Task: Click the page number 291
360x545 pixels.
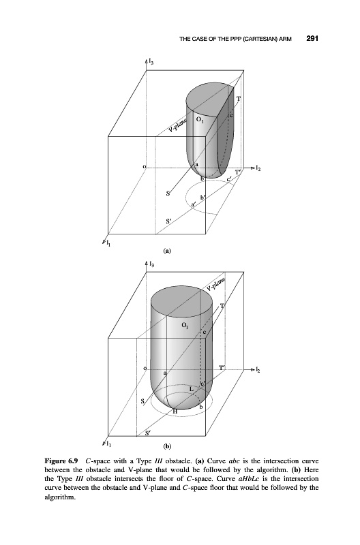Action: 312,38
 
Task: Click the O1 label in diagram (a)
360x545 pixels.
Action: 200,120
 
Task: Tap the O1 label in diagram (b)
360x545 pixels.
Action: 186,326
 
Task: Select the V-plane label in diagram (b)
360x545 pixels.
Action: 215,284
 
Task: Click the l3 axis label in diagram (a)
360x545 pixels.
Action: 151,62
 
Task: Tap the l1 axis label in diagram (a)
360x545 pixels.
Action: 108,240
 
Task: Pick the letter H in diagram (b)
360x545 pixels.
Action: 175,411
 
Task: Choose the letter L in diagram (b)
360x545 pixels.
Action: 192,389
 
